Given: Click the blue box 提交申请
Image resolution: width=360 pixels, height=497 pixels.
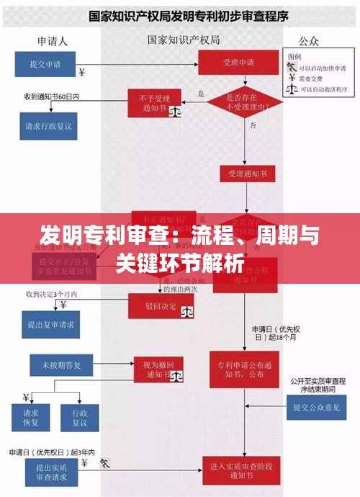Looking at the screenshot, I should pos(45,63).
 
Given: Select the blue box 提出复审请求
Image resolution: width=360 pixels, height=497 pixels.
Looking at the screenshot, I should pos(51,324).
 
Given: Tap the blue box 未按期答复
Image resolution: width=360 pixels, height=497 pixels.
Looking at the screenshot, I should pos(60,365).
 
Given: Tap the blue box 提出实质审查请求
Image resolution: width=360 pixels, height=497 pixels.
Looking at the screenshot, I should pos(53,471).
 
